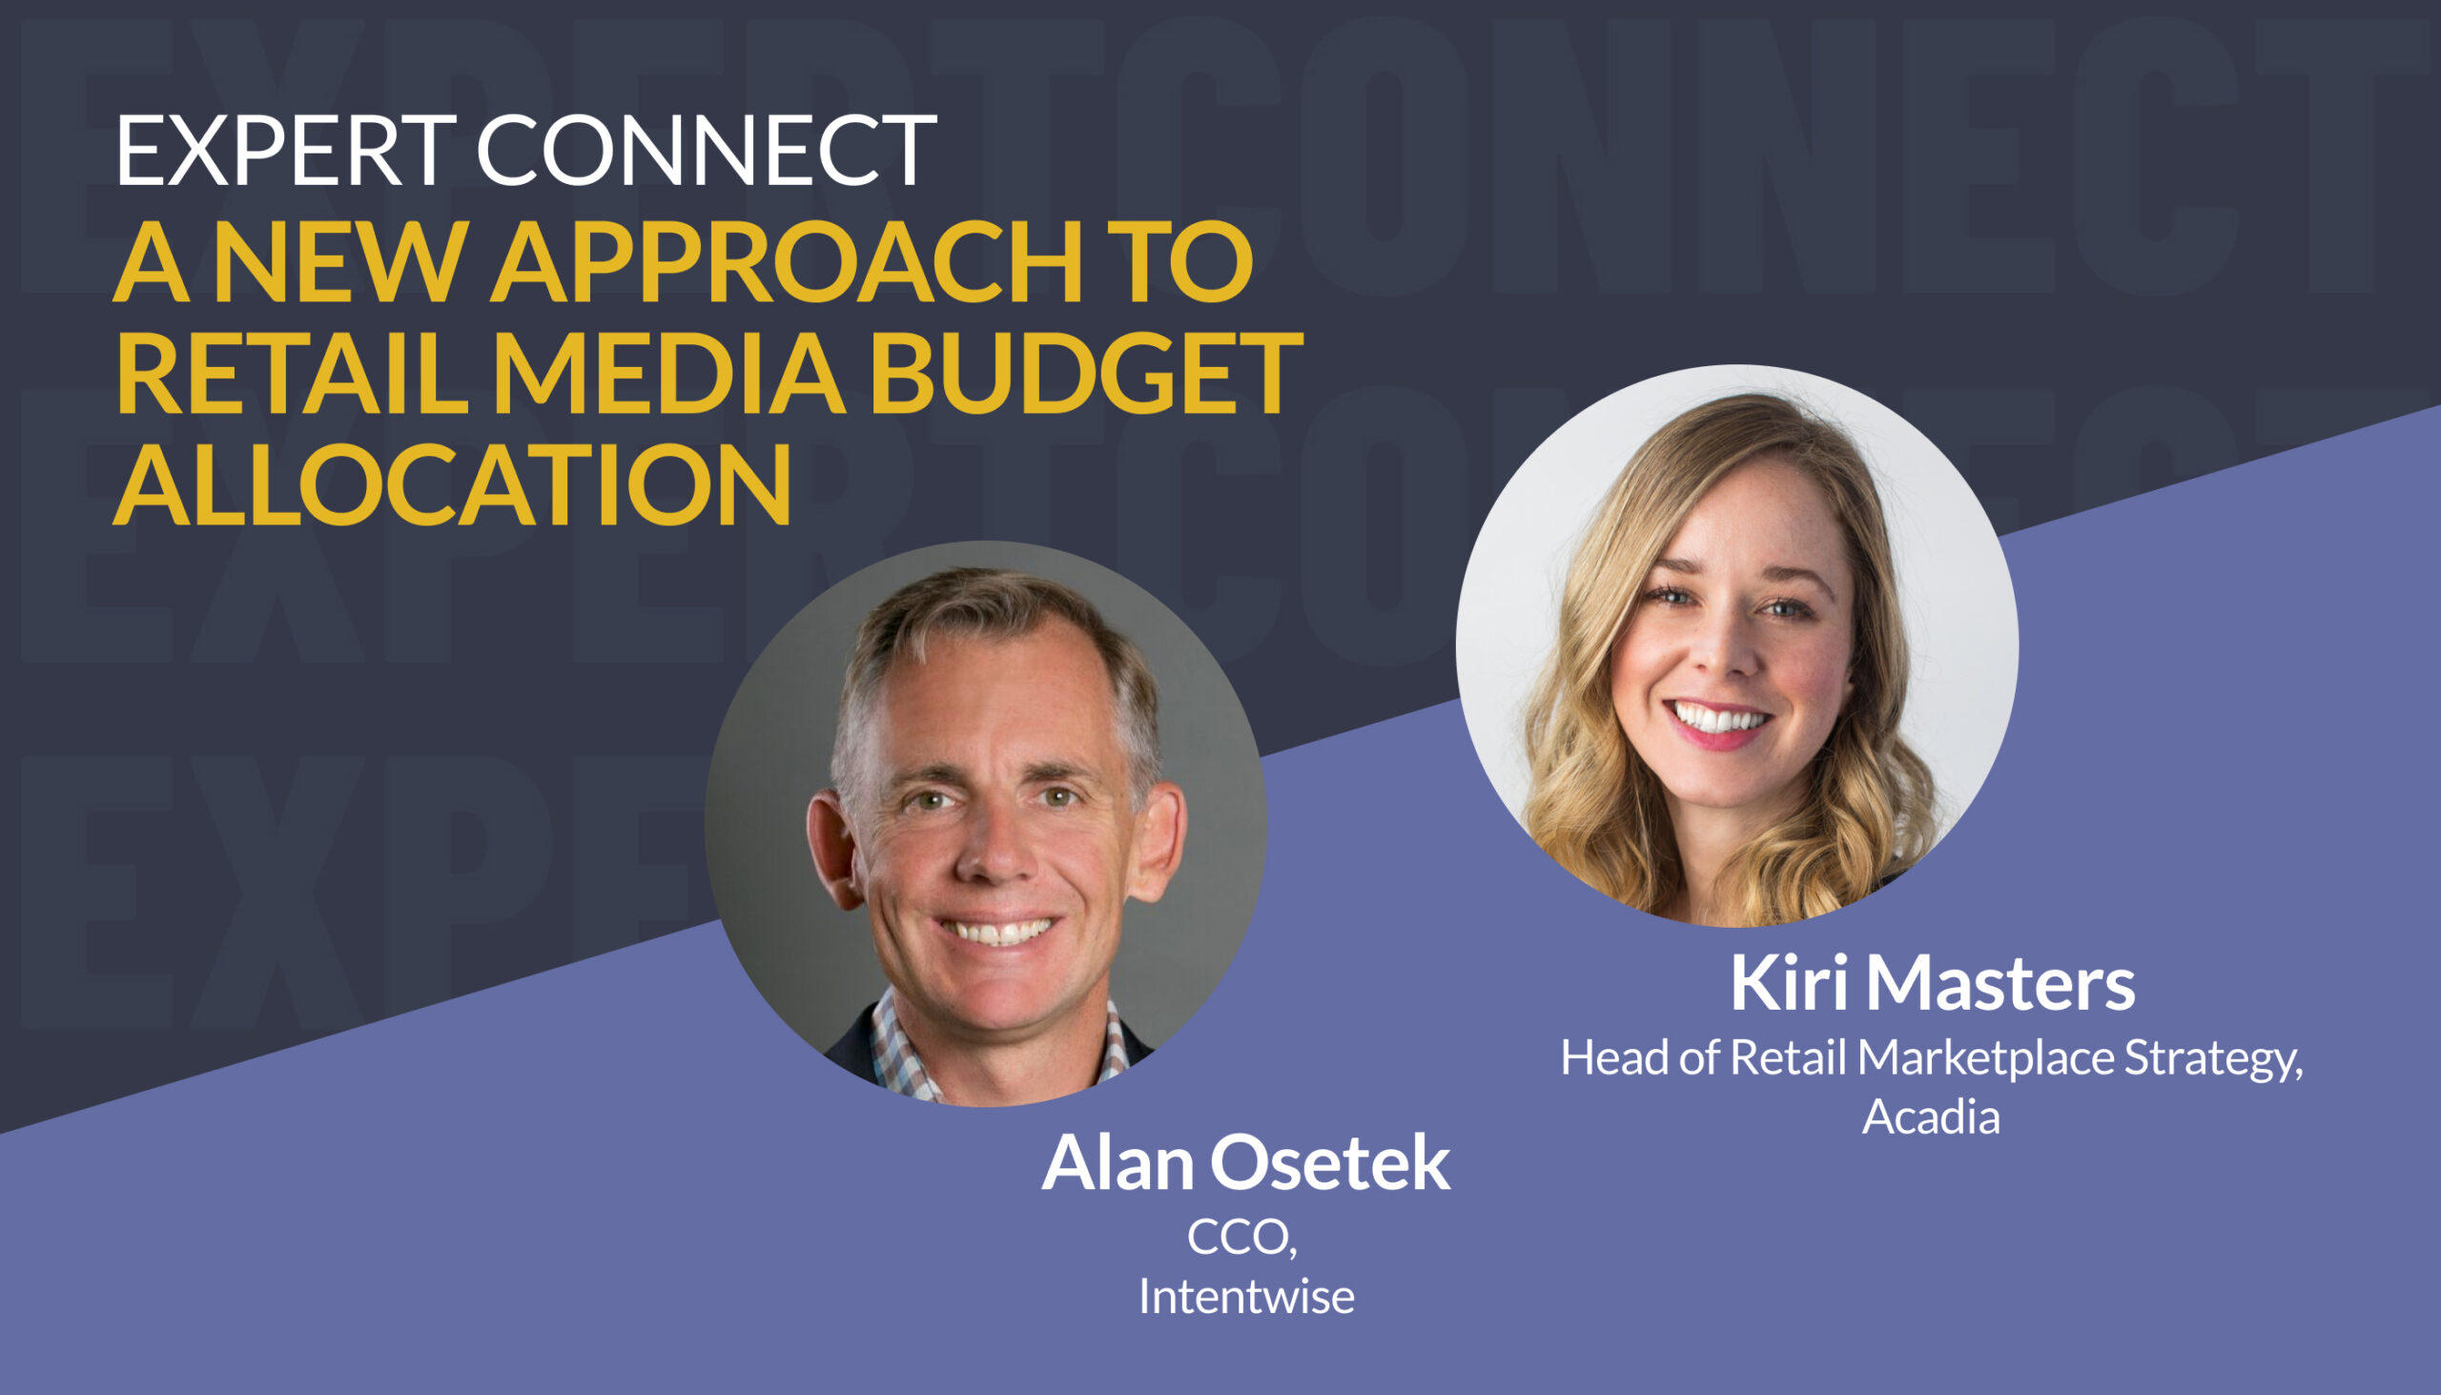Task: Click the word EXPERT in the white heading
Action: click(285, 150)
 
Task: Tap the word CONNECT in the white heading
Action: click(706, 150)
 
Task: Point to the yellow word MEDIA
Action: click(668, 374)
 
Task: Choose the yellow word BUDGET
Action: click(1085, 374)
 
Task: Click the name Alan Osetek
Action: click(1245, 1163)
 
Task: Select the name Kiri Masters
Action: click(1932, 983)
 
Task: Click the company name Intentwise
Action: click(1245, 1297)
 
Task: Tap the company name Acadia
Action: click(1931, 1117)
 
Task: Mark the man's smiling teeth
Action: click(996, 931)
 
